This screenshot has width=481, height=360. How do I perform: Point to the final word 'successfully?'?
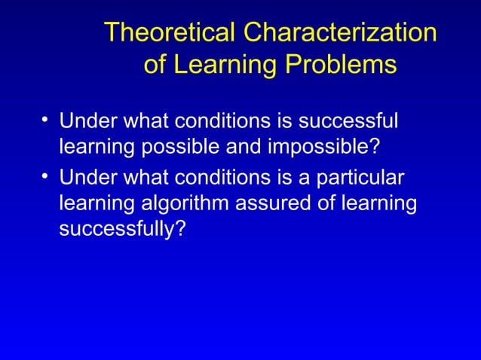tap(122, 228)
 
